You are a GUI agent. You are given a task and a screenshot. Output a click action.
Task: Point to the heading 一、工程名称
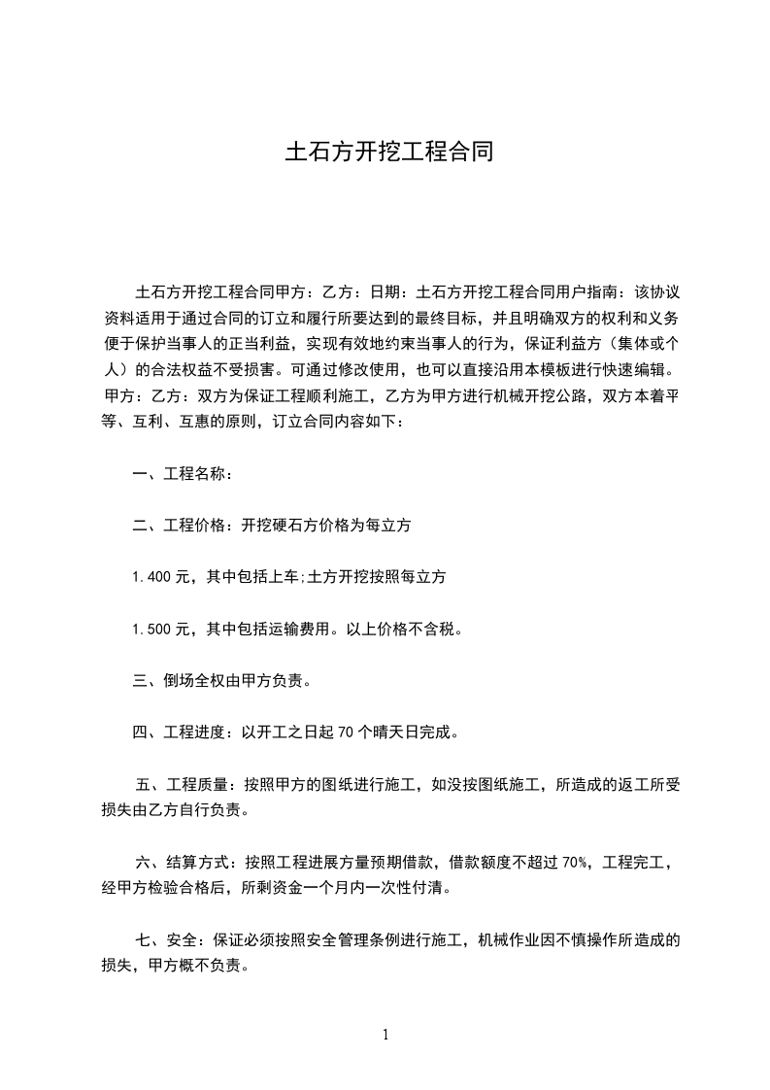tap(182, 474)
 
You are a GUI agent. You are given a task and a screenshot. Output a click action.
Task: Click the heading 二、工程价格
tap(182, 526)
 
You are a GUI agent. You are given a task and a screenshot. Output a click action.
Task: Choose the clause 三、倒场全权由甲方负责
tap(221, 681)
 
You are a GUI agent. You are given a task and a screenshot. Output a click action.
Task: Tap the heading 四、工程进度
tap(182, 732)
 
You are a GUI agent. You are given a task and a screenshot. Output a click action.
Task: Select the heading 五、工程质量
tap(182, 785)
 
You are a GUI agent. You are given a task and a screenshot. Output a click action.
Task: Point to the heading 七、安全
tap(166, 940)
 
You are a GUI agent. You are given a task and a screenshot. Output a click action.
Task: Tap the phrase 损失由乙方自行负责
tap(175, 810)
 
